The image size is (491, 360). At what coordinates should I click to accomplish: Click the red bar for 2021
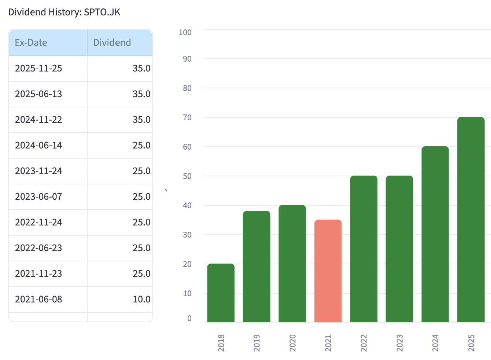pos(328,271)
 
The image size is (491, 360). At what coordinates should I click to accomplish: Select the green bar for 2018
pos(221,293)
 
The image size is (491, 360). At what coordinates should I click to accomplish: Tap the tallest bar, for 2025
pos(471,220)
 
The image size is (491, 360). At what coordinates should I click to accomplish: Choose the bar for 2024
pos(435,235)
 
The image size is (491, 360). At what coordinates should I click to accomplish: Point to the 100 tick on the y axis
pos(185,32)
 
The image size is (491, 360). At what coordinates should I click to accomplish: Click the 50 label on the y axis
pos(187,176)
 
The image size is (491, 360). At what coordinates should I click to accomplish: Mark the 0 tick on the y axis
pos(189,318)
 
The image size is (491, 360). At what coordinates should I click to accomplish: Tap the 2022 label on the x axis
pos(363,343)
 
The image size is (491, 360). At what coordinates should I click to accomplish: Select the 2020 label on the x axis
pos(292,343)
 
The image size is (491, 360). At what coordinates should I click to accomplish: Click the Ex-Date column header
pos(31,43)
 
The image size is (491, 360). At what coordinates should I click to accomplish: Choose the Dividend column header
pos(112,43)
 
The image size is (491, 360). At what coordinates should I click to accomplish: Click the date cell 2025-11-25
pos(38,68)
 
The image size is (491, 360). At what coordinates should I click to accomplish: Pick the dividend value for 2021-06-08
pos(141,299)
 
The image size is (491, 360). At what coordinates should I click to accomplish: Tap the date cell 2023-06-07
pos(38,196)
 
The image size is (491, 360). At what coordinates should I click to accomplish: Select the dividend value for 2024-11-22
pos(141,120)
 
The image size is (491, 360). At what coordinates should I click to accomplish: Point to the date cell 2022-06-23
pos(38,248)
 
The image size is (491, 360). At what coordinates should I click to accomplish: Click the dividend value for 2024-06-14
pos(141,145)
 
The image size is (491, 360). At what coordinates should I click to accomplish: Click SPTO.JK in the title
pos(102,12)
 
